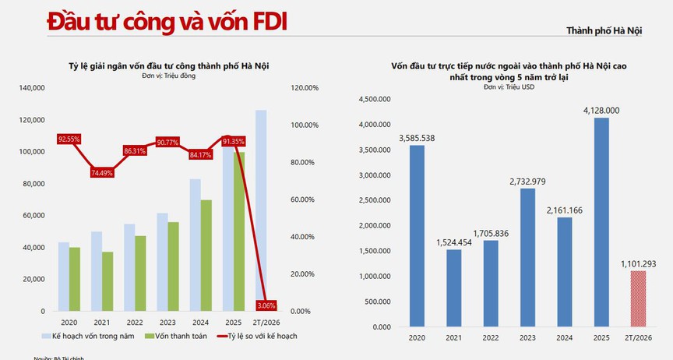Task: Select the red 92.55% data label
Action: click(x=69, y=139)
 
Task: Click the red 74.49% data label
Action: click(x=102, y=172)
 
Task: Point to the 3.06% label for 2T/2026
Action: click(x=266, y=305)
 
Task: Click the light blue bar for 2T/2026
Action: click(x=261, y=210)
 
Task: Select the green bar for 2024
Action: click(x=206, y=256)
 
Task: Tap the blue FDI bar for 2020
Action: click(x=416, y=236)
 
